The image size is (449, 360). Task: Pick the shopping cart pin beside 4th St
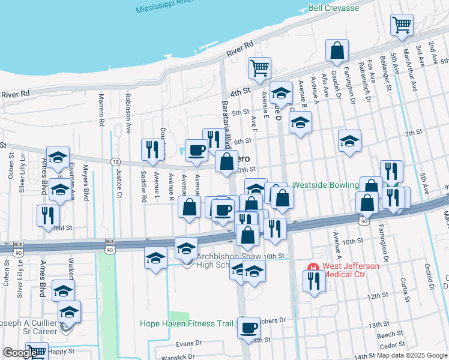tap(259, 68)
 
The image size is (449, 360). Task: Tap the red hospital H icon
tap(312, 267)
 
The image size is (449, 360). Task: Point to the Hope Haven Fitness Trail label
tap(186, 323)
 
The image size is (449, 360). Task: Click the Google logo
tap(19, 353)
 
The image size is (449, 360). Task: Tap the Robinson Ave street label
tap(128, 112)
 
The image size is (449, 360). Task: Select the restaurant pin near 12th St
tap(314, 281)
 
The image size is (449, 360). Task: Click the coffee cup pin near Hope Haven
tap(249, 328)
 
